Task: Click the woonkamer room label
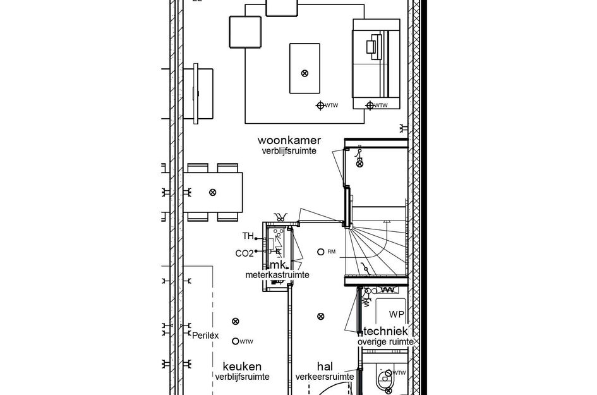(x=289, y=140)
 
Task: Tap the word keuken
(x=242, y=367)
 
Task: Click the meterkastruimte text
(x=277, y=275)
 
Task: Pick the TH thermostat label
(x=248, y=236)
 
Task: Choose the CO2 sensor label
(x=244, y=253)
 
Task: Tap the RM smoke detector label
(x=331, y=252)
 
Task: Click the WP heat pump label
(x=396, y=315)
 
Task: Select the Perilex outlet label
(x=205, y=336)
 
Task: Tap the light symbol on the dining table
(x=213, y=191)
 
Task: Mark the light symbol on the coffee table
(x=305, y=73)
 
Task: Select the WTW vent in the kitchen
(x=236, y=341)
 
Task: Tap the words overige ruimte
(x=385, y=341)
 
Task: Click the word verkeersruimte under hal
(x=325, y=377)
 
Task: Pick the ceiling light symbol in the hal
(x=321, y=316)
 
